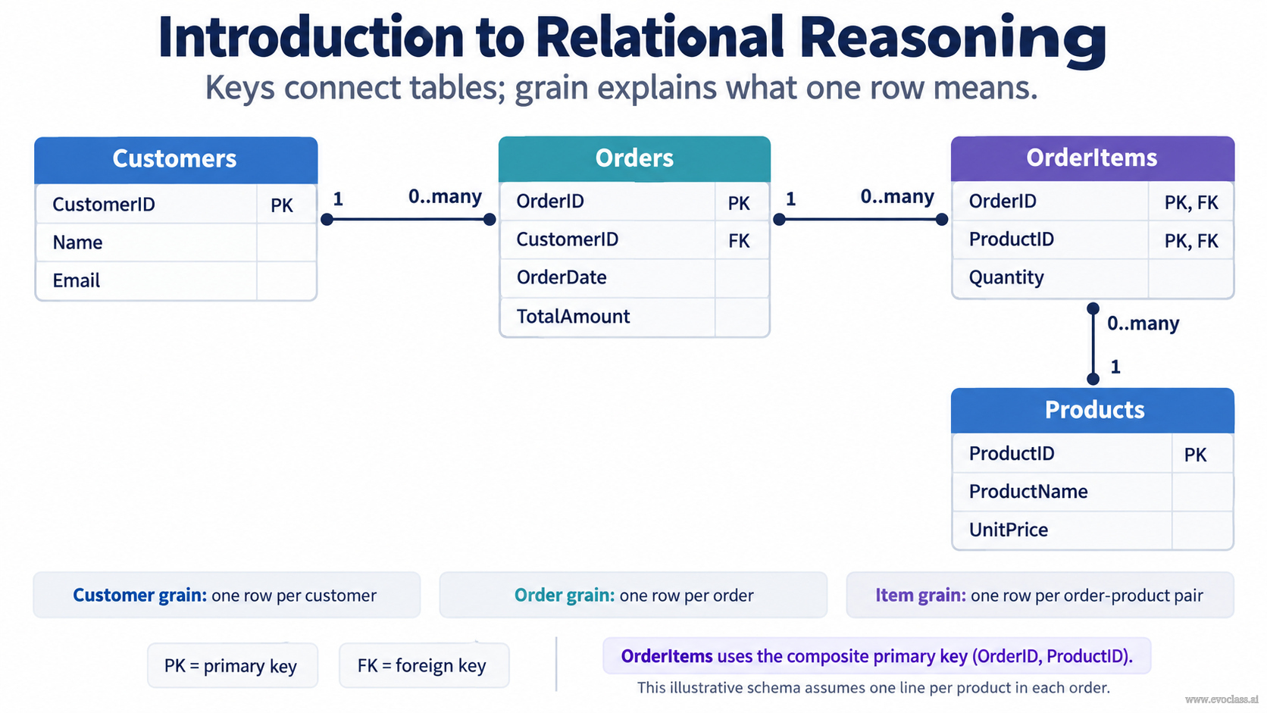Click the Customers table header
pos(176,159)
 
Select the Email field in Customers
pos(77,280)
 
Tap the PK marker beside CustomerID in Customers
pos(282,205)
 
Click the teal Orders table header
pos(634,158)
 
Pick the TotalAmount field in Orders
pos(573,316)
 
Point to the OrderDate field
pos(561,277)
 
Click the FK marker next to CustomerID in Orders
pos(739,241)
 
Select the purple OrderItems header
pos(1092,158)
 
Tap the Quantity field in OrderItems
pos(1006,277)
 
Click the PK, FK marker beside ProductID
pos(1191,241)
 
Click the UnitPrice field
pos(1009,530)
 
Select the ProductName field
pos(1028,491)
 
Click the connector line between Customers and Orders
pos(408,220)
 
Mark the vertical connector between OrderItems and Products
pos(1093,344)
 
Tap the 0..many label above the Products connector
pos(1143,324)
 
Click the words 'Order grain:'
pos(564,596)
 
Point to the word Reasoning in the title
pos(953,37)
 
